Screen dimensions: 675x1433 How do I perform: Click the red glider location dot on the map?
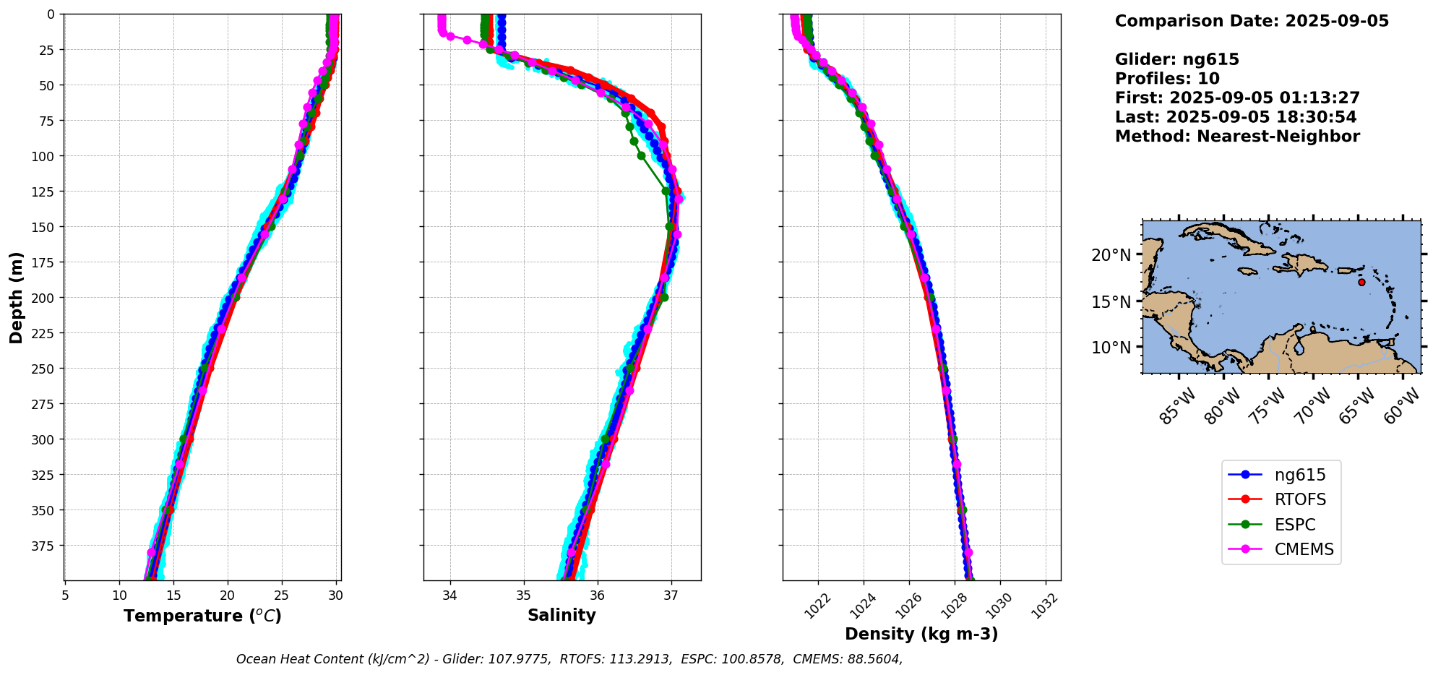[x=1361, y=282]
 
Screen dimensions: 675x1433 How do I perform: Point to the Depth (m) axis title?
[x=17, y=298]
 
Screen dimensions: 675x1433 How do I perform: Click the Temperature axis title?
[x=202, y=616]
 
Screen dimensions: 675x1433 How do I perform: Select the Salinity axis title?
[x=561, y=615]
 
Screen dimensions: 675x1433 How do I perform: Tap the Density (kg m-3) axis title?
[x=921, y=634]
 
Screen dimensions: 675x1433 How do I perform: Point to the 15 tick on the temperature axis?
[x=173, y=596]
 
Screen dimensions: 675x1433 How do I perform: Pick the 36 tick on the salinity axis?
[x=597, y=596]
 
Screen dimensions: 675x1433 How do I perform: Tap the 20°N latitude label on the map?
[x=1111, y=255]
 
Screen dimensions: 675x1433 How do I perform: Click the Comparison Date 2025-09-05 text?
[x=1252, y=21]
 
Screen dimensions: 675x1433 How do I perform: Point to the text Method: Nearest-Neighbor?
[x=1237, y=137]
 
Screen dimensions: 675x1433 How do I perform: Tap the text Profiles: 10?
[x=1167, y=79]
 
